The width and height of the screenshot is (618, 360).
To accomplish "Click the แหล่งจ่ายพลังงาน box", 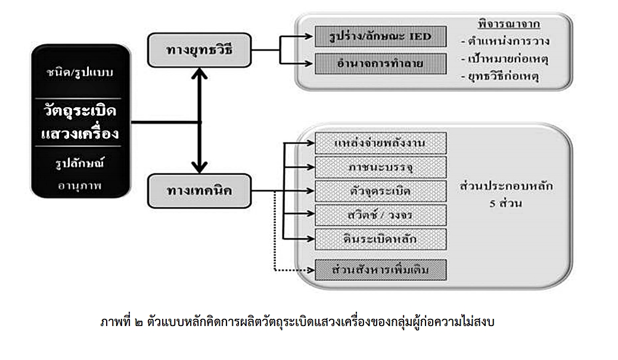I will point(380,144).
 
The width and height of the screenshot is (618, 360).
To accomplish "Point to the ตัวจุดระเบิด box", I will point(380,191).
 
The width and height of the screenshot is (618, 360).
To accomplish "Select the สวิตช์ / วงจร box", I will point(380,215).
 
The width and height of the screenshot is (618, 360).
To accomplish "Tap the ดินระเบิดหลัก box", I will point(380,239).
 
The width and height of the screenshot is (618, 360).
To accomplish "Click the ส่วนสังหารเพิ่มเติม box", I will point(380,269).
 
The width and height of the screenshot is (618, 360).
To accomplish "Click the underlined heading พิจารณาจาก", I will point(504,25).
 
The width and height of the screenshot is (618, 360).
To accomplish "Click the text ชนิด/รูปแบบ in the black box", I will point(80,73).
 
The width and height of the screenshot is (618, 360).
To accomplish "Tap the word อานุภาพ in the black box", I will point(80,185).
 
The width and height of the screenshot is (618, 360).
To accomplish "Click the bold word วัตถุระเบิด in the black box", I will point(80,112).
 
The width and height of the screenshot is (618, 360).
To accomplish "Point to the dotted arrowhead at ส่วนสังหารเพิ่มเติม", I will point(309,270).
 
